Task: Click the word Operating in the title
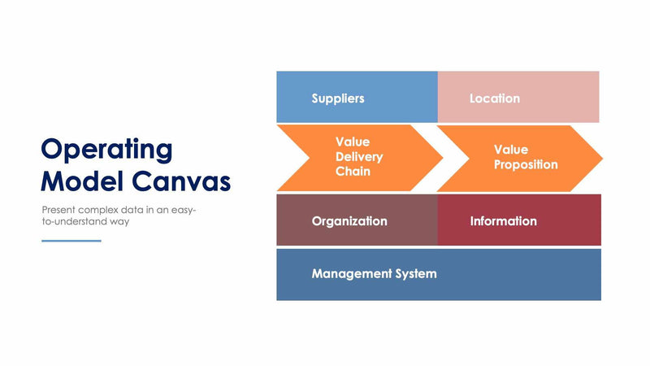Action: [106, 150]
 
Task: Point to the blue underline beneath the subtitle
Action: [71, 241]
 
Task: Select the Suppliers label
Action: [338, 98]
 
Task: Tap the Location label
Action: [494, 98]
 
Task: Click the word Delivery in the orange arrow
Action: [359, 157]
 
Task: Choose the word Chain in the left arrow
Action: [353, 172]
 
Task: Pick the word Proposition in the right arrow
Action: [526, 164]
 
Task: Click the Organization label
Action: [349, 221]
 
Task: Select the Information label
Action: [503, 221]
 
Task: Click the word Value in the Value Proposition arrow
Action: [511, 150]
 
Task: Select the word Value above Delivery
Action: [353, 142]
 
